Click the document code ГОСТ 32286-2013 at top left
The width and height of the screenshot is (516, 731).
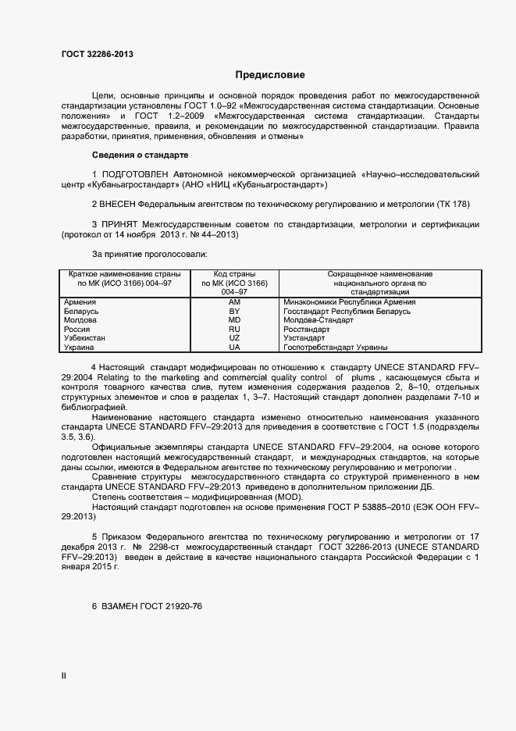(x=97, y=54)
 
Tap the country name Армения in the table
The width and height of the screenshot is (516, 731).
(x=80, y=301)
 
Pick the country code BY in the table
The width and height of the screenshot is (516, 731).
(x=234, y=311)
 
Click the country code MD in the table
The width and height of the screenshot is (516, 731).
(x=234, y=320)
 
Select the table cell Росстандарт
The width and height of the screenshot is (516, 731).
(x=308, y=330)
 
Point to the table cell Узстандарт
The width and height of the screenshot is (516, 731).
(x=304, y=338)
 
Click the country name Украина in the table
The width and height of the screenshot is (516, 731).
(x=80, y=348)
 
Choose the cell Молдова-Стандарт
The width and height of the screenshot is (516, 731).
(x=318, y=320)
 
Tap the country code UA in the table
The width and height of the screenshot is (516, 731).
(x=234, y=348)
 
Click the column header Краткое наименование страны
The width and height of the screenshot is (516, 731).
(x=124, y=274)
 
